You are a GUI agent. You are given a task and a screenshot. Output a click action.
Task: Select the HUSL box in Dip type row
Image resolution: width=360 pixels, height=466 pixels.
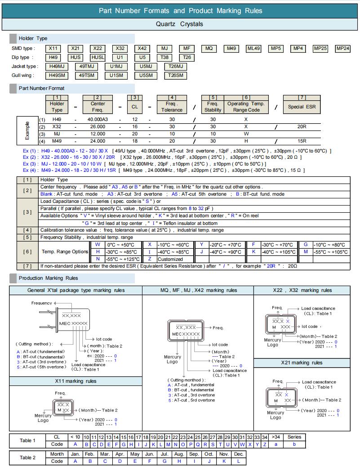tap(98, 57)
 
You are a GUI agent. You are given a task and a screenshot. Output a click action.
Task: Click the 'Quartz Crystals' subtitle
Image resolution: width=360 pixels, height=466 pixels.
tap(179, 24)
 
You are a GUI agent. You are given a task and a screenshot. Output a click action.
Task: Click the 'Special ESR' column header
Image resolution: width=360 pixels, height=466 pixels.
tap(302, 107)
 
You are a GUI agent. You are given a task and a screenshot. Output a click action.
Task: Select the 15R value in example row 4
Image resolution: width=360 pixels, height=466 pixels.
tap(302, 142)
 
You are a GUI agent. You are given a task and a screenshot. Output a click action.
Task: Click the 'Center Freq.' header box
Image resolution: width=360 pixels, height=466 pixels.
tap(98, 107)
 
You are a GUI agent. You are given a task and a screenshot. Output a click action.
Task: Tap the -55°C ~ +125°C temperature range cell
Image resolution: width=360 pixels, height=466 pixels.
tap(122, 259)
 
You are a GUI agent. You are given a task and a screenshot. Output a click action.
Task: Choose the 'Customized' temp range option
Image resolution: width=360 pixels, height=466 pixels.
tap(171, 259)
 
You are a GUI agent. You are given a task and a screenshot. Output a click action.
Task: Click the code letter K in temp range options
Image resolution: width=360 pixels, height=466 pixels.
tap(254, 252)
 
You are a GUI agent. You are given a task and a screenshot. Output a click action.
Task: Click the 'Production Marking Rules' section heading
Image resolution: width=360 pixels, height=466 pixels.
tap(48, 278)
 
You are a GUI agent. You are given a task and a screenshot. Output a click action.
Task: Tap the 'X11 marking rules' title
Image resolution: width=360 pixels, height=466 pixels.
tap(76, 381)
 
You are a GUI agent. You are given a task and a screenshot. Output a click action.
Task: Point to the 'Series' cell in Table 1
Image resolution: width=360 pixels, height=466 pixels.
tap(294, 437)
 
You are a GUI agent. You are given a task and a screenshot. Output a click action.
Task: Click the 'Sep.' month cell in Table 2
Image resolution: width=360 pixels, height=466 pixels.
tap(194, 454)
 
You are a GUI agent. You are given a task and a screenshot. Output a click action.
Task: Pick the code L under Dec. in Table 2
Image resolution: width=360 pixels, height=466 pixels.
tap(239, 461)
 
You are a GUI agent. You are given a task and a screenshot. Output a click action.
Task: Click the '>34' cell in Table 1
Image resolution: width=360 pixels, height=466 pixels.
tap(276, 437)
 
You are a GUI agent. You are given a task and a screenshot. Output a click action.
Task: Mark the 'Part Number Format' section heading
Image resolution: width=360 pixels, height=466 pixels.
tap(41, 88)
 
